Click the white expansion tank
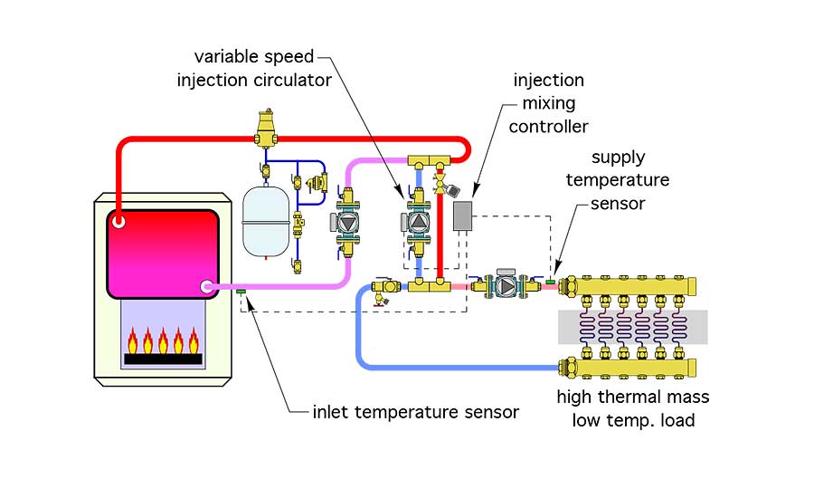tap(266, 222)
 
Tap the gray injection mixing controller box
tap(462, 215)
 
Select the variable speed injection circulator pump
tap(418, 223)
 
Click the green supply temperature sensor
tap(550, 282)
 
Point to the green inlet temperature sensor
tap(241, 292)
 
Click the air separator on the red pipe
tap(266, 129)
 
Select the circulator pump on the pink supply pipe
tap(506, 285)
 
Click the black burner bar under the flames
tap(163, 359)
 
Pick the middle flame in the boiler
tap(163, 340)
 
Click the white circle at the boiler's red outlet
tap(118, 222)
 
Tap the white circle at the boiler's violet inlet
tap(206, 286)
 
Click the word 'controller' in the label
tap(548, 127)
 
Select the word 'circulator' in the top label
tap(293, 80)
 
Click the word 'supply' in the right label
tap(618, 158)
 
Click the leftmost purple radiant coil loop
tap(587, 328)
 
